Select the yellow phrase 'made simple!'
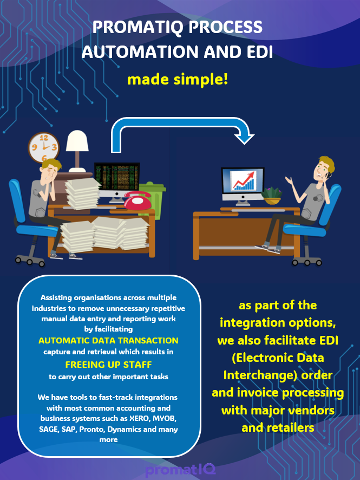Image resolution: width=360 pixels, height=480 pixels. [178, 80]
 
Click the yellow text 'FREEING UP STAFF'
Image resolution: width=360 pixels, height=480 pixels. [108, 364]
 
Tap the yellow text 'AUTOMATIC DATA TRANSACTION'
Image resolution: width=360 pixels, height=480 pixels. [108, 341]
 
